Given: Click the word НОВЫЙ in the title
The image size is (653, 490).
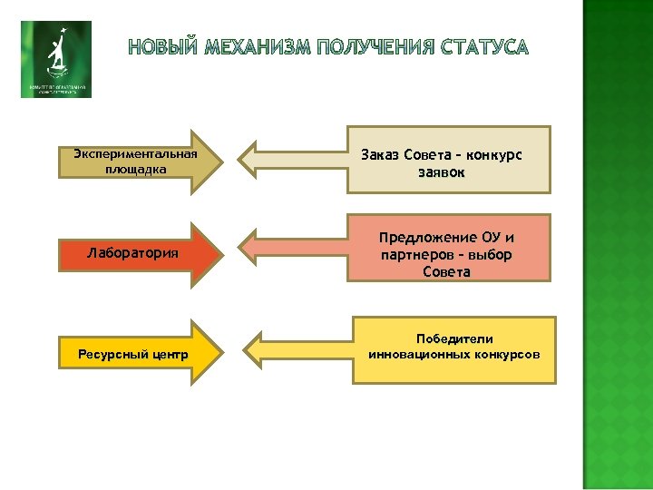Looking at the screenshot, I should (x=162, y=46).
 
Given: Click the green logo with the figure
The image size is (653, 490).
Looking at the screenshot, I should (x=56, y=59).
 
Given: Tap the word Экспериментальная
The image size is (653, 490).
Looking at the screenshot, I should (x=135, y=152).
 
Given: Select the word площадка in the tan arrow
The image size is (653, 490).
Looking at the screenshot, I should (x=135, y=168).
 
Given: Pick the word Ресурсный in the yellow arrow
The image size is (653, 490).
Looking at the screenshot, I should (x=106, y=354).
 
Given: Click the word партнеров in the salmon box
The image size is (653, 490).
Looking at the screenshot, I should (x=415, y=255).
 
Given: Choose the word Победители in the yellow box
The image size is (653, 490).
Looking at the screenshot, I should (x=454, y=338).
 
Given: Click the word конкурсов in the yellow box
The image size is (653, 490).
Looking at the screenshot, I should (x=506, y=353).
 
